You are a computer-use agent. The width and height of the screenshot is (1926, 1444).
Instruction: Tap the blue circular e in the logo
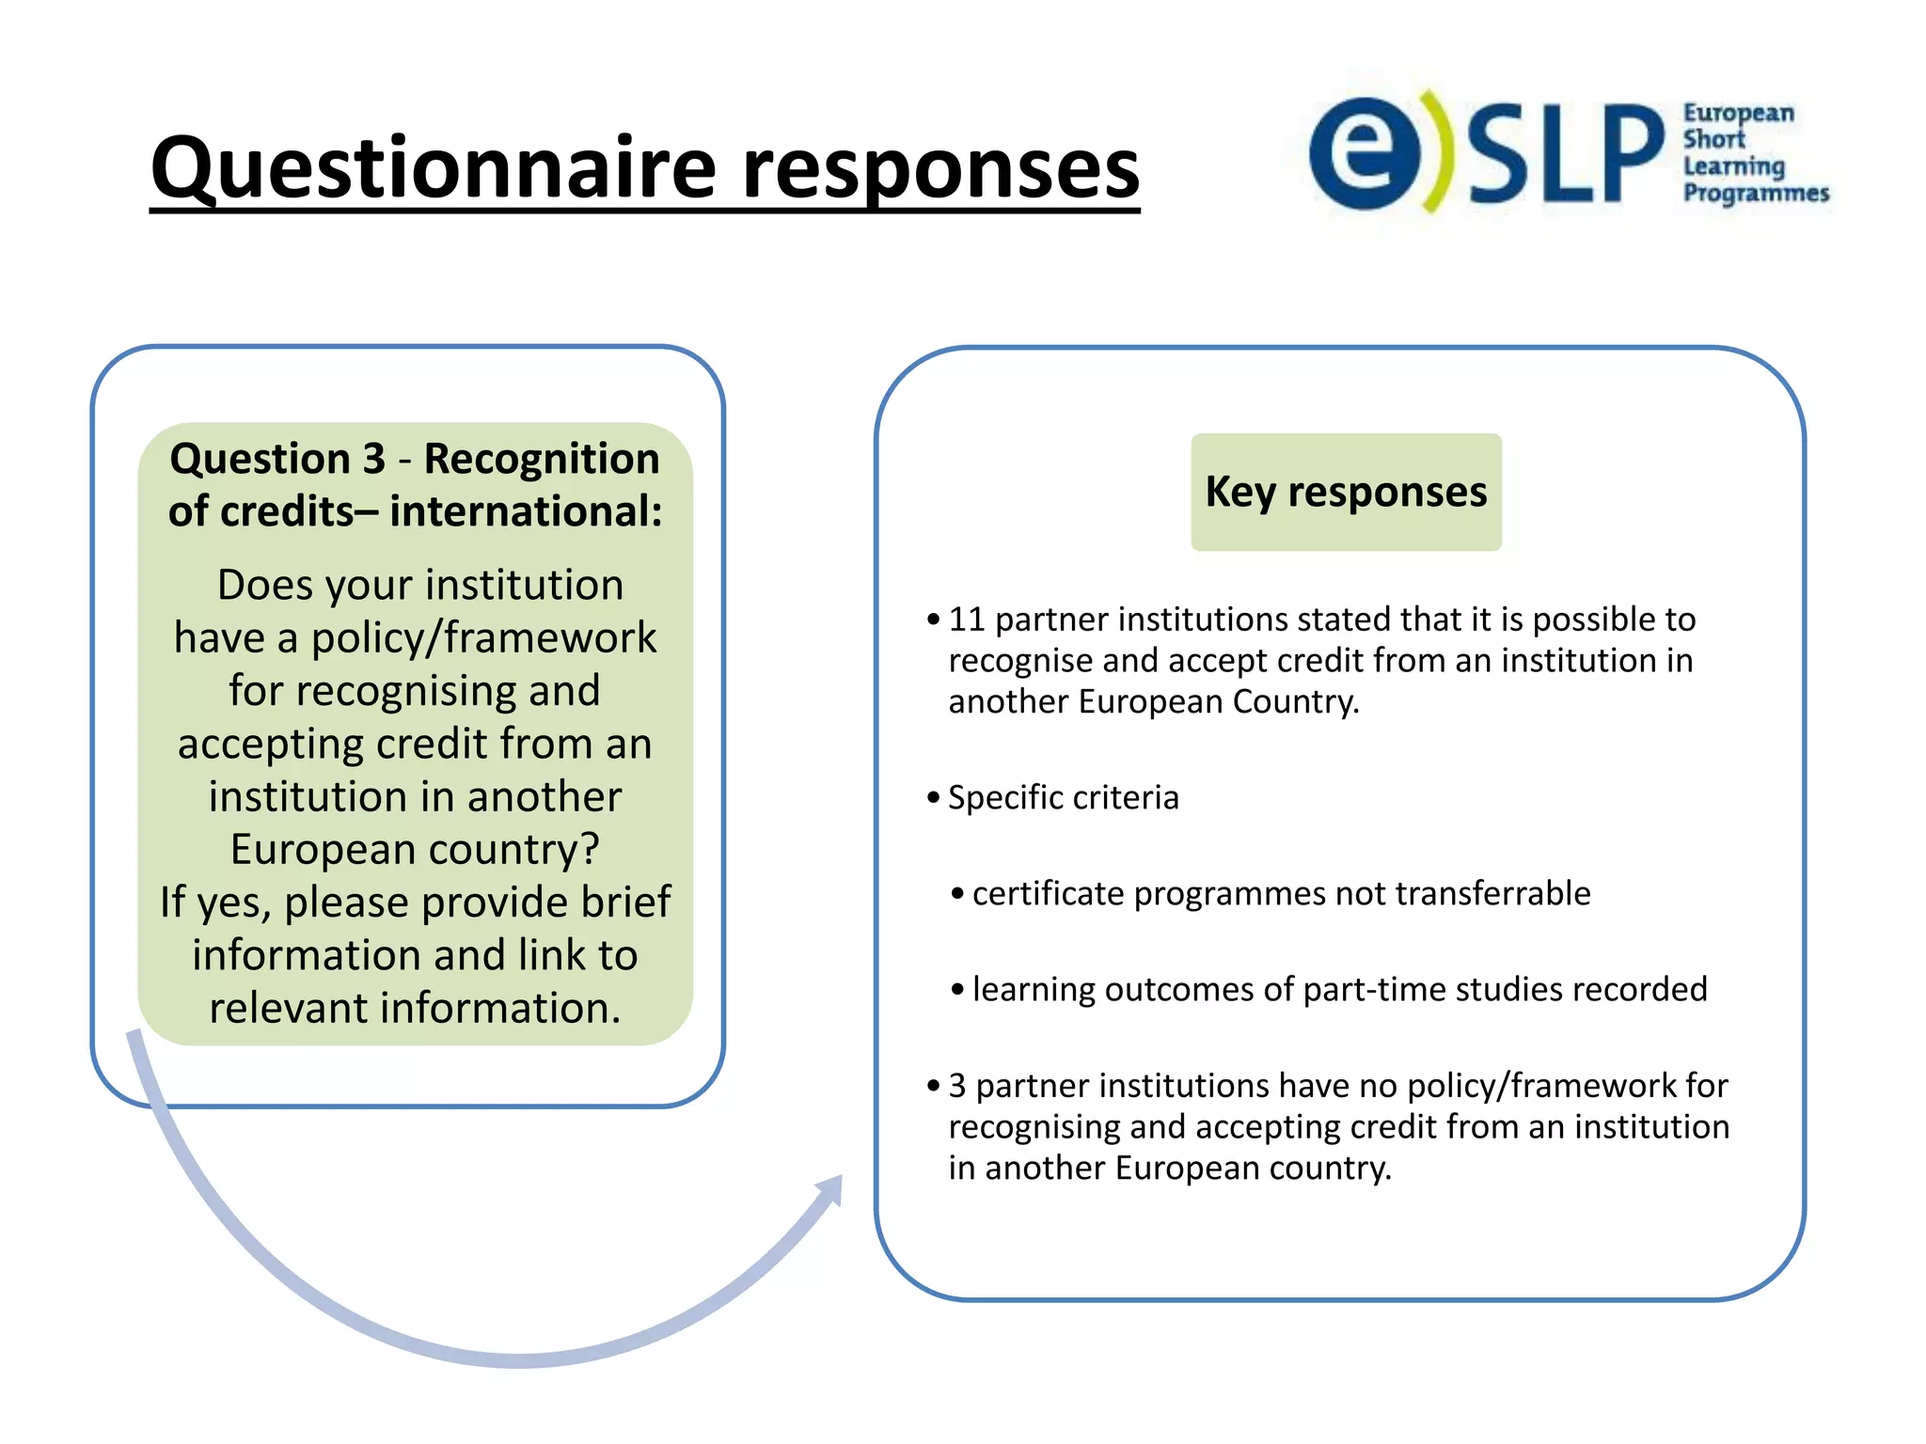pyautogui.click(x=1364, y=153)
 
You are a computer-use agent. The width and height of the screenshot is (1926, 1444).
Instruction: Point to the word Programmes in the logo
pyautogui.click(x=1755, y=193)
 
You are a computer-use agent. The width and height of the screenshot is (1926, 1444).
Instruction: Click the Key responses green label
pyautogui.click(x=1346, y=492)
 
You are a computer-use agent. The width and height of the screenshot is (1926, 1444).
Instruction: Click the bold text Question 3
pyautogui.click(x=277, y=459)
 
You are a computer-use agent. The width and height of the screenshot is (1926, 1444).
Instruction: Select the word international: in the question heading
pyautogui.click(x=526, y=511)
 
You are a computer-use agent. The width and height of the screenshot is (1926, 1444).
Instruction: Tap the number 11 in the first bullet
pyautogui.click(x=966, y=620)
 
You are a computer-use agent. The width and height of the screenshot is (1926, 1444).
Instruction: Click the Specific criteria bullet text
pyautogui.click(x=1063, y=797)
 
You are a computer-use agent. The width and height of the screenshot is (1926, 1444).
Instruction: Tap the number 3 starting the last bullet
pyautogui.click(x=956, y=1086)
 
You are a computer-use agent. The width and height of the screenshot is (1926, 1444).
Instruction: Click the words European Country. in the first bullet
pyautogui.click(x=1219, y=702)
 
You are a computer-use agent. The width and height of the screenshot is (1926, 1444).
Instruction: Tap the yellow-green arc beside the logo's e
pyautogui.click(x=1437, y=150)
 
